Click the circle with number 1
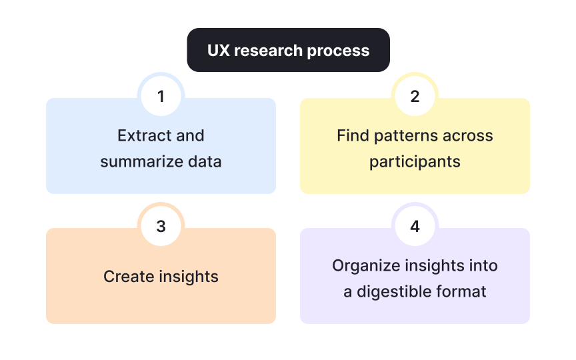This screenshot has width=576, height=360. click(x=161, y=97)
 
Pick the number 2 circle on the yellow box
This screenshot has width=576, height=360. click(x=415, y=97)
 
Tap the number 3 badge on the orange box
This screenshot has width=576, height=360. click(x=161, y=227)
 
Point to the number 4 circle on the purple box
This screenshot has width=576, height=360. click(x=415, y=227)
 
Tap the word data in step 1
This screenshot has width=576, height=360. click(x=206, y=162)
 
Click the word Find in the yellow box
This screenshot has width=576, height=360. click(x=352, y=136)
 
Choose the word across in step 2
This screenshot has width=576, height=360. click(x=469, y=136)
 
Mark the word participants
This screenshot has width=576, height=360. click(x=415, y=162)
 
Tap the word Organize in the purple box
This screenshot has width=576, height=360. click(x=366, y=265)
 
